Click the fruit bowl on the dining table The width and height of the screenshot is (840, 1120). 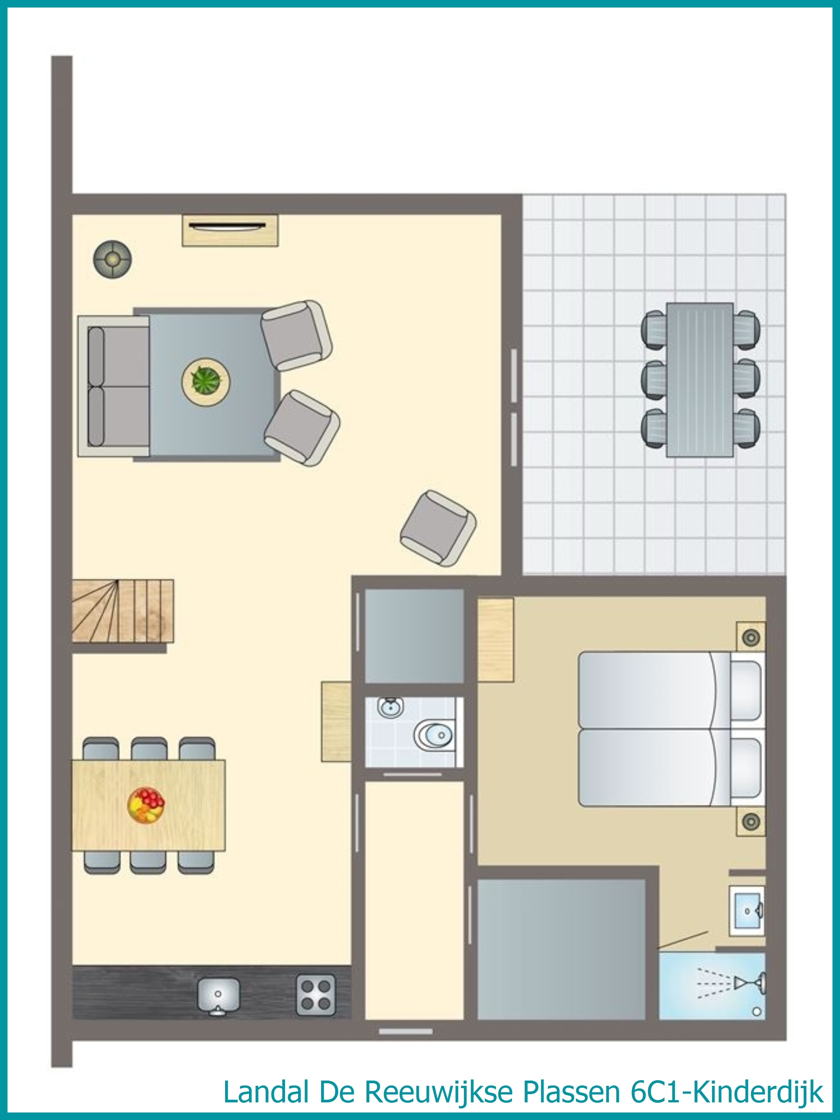[146, 805]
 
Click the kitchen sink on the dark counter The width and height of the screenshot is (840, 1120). [218, 995]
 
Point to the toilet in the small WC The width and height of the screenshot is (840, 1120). [433, 735]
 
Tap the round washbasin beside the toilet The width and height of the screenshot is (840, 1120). [390, 707]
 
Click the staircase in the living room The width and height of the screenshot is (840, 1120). [123, 611]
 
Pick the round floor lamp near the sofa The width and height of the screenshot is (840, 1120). [112, 259]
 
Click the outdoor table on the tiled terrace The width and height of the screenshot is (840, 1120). [700, 380]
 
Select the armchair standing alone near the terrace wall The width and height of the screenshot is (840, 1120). [438, 528]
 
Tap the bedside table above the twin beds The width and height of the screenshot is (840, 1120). [751, 637]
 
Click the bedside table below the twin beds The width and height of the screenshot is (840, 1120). [751, 821]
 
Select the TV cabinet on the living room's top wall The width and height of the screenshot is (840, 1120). [230, 230]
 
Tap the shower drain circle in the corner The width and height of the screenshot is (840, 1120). [756, 1012]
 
